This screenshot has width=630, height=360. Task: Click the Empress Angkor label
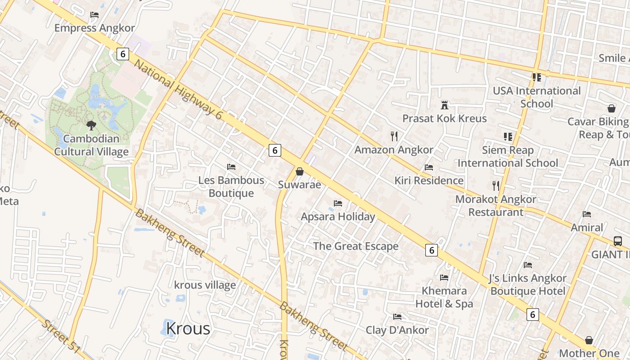[x=94, y=28]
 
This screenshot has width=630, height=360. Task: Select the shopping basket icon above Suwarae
[x=300, y=171]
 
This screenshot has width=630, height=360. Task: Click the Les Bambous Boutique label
[x=231, y=187]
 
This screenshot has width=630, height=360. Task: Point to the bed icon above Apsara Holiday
[x=338, y=203]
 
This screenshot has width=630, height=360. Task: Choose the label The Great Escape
[x=355, y=246]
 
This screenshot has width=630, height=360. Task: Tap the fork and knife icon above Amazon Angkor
[x=394, y=136]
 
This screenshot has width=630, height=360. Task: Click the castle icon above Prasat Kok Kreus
[x=445, y=105]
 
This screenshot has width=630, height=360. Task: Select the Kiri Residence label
[x=429, y=180]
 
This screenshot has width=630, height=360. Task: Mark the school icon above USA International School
[x=536, y=77]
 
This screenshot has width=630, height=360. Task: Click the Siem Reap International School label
[x=508, y=157]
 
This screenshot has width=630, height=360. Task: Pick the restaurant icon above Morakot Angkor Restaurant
[x=496, y=185]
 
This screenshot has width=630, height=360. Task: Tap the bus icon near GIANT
[x=618, y=241]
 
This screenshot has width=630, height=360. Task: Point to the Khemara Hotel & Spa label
[x=444, y=297]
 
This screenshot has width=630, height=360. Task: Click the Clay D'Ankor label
[x=397, y=330]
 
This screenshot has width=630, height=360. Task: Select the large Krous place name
[x=188, y=328]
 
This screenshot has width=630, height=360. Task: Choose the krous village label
[x=205, y=285]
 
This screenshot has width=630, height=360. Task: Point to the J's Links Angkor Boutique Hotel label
[x=528, y=284]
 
